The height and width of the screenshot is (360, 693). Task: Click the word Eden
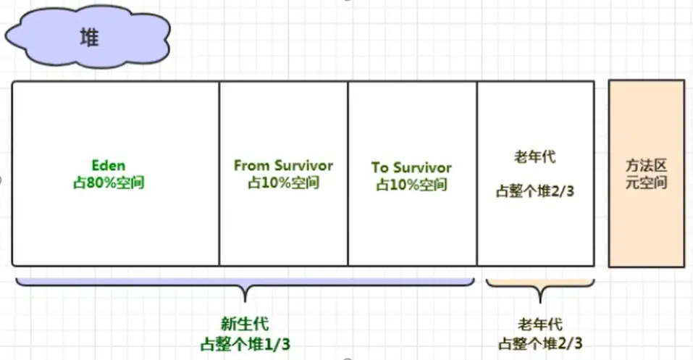[x=108, y=164]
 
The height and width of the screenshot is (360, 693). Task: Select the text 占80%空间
[x=109, y=182]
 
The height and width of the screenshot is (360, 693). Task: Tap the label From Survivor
[x=283, y=165]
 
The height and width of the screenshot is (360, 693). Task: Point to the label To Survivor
[x=411, y=167]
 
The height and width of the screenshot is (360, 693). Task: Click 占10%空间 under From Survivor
[x=283, y=183]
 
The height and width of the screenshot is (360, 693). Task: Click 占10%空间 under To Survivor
[x=411, y=185]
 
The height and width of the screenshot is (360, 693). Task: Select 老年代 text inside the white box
[x=534, y=156]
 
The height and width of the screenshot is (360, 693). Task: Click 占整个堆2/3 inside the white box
[x=534, y=192]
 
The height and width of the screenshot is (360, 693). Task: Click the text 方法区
[x=646, y=165]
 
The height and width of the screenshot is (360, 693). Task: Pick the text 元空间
[x=646, y=182]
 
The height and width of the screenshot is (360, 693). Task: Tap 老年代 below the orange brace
[x=540, y=325]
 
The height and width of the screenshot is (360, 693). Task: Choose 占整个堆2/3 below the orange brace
[x=540, y=343]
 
